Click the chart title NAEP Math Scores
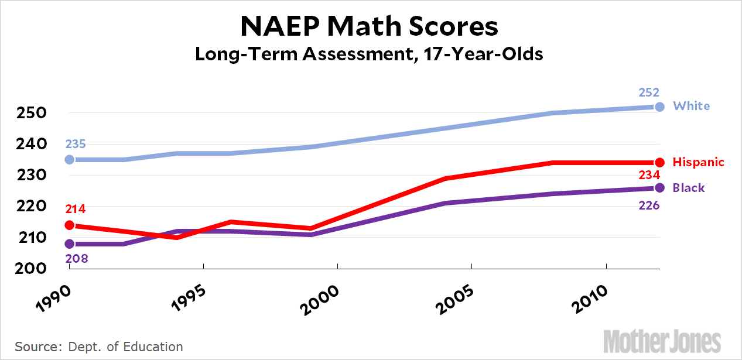(370, 26)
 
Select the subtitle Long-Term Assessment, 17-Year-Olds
(370, 54)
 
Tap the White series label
(691, 106)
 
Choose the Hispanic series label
(699, 162)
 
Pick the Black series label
(689, 188)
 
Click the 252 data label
(649, 92)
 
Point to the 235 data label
(76, 145)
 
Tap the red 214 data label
(76, 209)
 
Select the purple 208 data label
(76, 258)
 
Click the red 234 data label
(649, 175)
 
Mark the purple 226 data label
(649, 205)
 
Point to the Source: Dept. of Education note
(99, 346)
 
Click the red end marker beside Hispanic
(659, 163)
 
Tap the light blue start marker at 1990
(70, 159)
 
